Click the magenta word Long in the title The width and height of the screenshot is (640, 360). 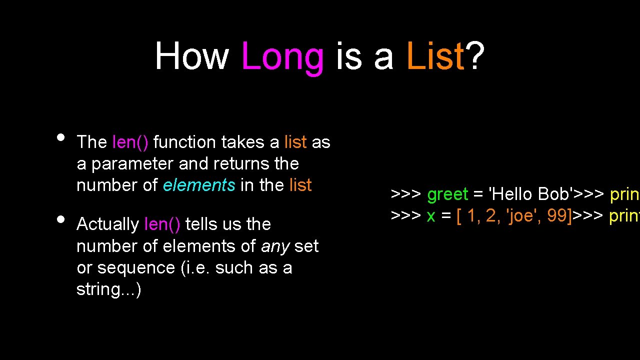(x=282, y=56)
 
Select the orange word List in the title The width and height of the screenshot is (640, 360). (x=435, y=56)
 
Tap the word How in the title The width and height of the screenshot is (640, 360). (x=191, y=56)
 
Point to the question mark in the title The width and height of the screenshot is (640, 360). (x=476, y=56)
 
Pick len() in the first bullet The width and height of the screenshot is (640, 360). (x=130, y=142)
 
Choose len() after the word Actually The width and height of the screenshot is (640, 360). (x=162, y=224)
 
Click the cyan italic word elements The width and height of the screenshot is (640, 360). (x=199, y=185)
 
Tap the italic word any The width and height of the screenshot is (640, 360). (x=275, y=246)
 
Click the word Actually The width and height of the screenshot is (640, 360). (x=107, y=224)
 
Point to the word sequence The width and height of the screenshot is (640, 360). (x=136, y=268)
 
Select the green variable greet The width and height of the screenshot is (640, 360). (x=447, y=194)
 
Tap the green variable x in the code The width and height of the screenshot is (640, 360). (x=431, y=215)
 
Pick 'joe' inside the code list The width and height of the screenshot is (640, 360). (x=524, y=215)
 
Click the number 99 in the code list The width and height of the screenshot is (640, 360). (x=557, y=215)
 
